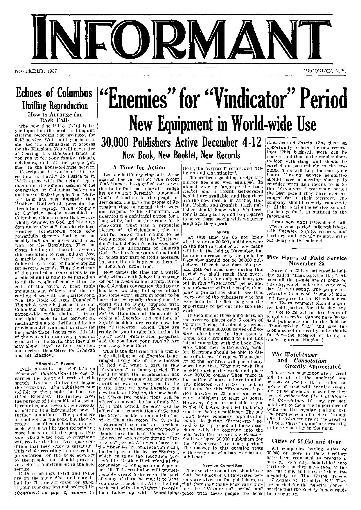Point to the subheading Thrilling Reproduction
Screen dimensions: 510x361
[54, 105]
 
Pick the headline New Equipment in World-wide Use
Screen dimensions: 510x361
[223, 124]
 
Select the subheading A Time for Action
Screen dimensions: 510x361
[139, 168]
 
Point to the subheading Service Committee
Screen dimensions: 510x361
[222, 465]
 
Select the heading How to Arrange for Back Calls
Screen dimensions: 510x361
[54, 117]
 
